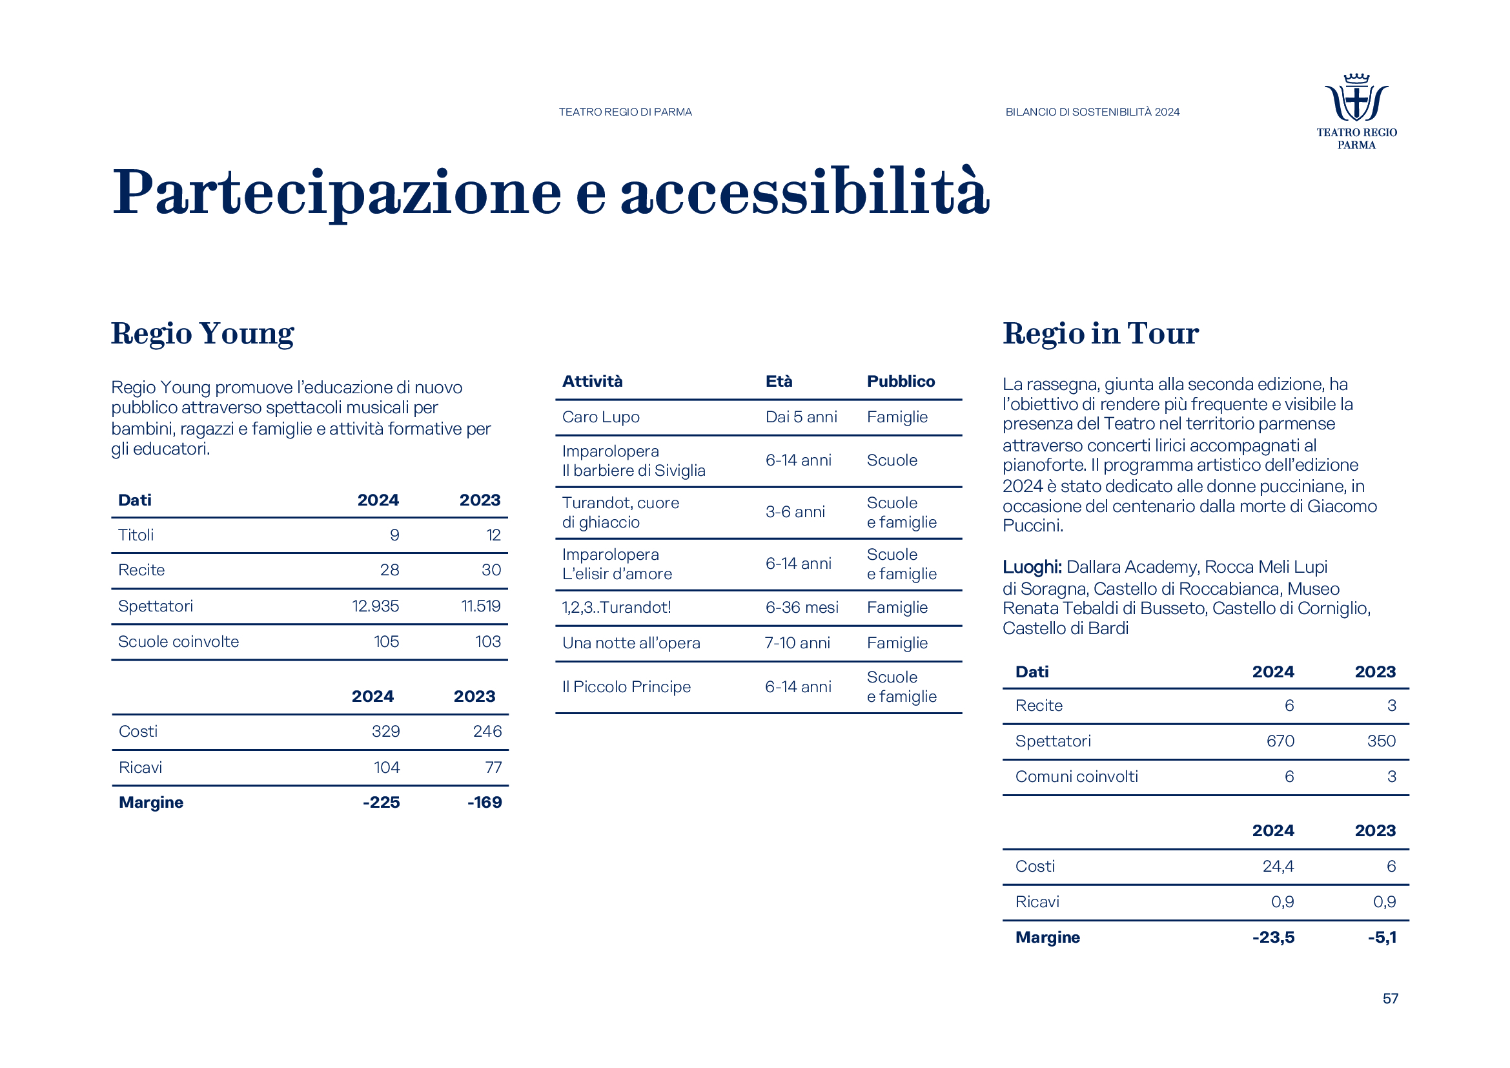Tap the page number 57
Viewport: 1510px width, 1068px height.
(x=1390, y=998)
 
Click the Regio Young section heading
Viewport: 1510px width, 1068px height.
(x=203, y=333)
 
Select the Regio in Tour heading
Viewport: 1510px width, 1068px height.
(x=1100, y=333)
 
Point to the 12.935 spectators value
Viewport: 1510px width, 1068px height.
(x=375, y=606)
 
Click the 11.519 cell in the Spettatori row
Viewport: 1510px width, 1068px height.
(x=480, y=606)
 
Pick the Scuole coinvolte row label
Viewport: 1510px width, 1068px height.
(x=178, y=641)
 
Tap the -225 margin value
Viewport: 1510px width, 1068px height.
(x=381, y=803)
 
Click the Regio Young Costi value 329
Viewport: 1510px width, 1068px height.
(x=385, y=732)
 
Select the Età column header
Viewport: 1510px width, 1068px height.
(x=779, y=382)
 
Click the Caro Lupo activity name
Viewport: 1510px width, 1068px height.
(x=600, y=417)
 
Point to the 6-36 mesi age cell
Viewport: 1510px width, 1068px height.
(x=802, y=607)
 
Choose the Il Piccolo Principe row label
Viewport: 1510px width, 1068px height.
(x=626, y=686)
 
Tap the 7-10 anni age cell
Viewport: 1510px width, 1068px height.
(x=797, y=642)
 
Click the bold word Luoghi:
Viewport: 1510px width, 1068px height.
(x=1032, y=567)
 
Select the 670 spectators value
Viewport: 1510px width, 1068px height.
(x=1280, y=741)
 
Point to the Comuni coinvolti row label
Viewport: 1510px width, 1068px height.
(x=1077, y=777)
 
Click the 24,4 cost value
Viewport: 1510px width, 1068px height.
(x=1278, y=866)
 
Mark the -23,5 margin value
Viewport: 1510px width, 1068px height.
(x=1272, y=937)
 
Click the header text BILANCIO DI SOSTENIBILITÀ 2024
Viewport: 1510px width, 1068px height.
(x=1092, y=112)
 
